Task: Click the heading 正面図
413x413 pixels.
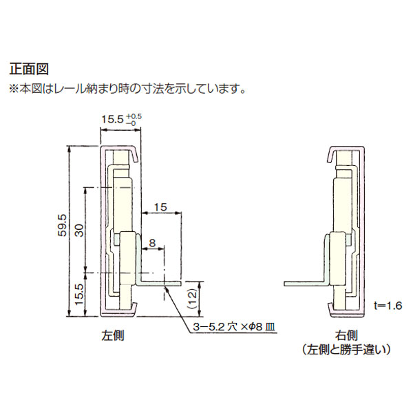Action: [29, 70]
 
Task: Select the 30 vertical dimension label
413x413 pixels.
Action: [80, 230]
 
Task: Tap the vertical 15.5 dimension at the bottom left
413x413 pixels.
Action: [80, 294]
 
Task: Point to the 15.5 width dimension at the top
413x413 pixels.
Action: [112, 120]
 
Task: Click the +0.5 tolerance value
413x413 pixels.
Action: [134, 117]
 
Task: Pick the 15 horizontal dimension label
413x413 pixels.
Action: [160, 207]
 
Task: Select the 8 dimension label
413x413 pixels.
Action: [152, 243]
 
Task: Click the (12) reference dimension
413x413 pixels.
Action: [193, 299]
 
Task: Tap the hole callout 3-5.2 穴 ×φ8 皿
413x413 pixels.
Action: [234, 327]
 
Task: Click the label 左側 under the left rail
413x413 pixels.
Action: [113, 336]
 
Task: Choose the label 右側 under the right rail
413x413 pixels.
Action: [346, 336]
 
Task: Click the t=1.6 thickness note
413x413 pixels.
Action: [388, 306]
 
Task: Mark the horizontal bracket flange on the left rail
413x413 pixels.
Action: [160, 284]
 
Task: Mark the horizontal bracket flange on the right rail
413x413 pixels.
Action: [306, 284]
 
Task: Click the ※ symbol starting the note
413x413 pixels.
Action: [14, 89]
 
